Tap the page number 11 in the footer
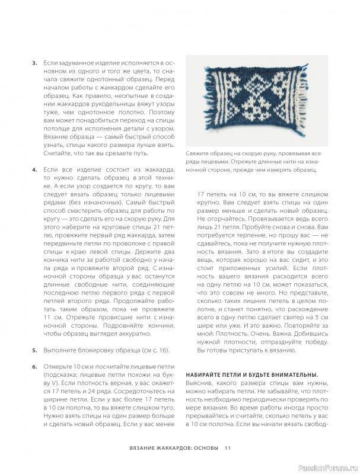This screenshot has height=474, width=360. click(228, 447)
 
